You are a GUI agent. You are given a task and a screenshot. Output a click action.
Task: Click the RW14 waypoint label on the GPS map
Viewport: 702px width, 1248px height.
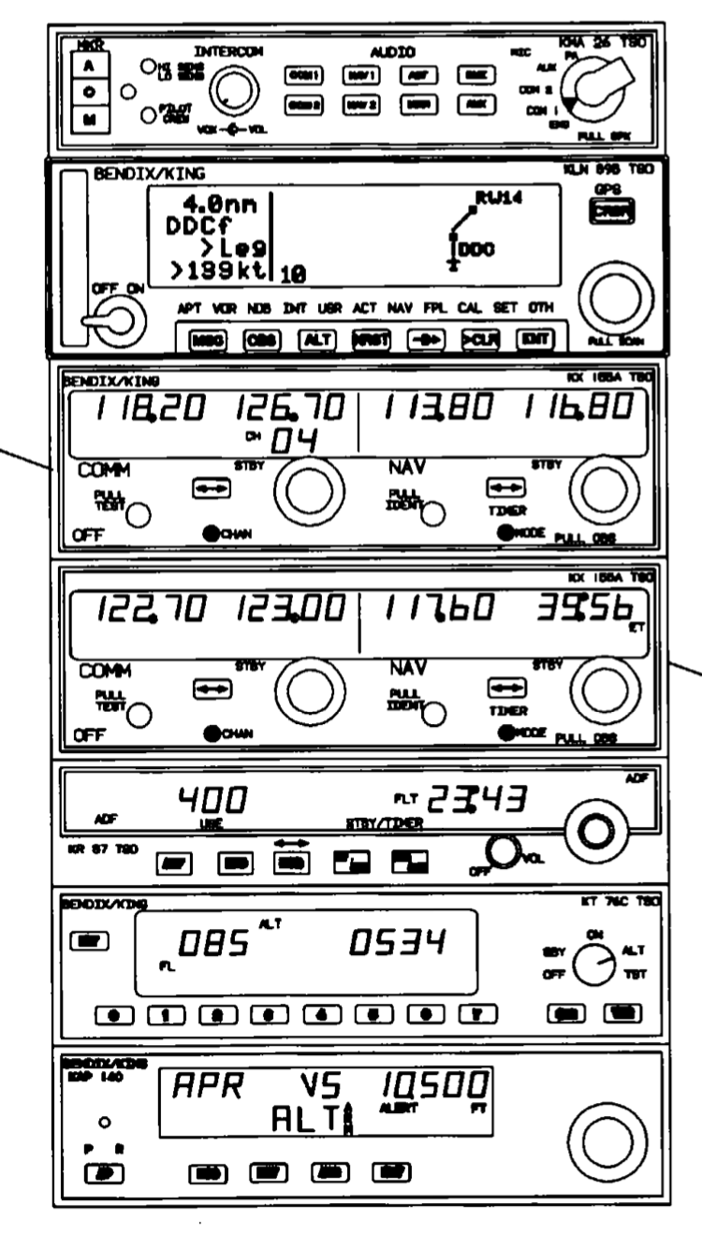click(492, 197)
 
